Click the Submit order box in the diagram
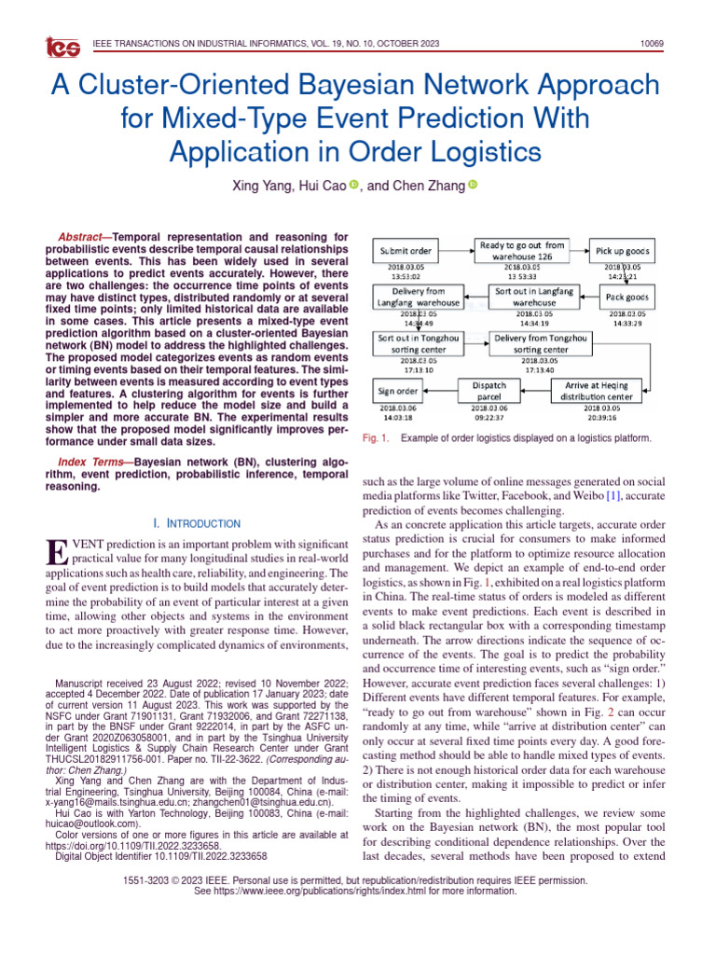(x=406, y=252)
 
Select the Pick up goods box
(x=622, y=252)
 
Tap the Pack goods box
(x=622, y=297)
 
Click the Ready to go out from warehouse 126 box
(x=522, y=251)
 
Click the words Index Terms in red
(x=89, y=463)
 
